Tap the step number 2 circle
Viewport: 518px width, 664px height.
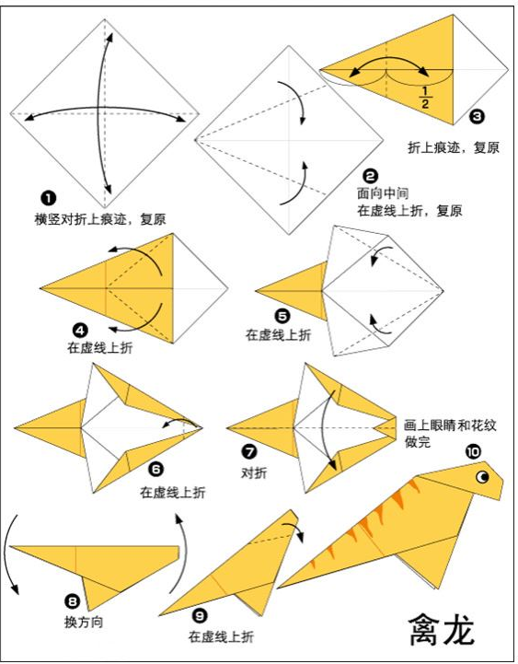point(370,175)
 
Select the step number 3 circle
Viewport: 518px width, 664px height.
point(476,116)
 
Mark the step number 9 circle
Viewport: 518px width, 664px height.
point(197,615)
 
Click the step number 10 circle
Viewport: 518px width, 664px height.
point(473,451)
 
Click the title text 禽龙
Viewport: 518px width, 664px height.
point(443,630)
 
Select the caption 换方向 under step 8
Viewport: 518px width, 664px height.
point(84,622)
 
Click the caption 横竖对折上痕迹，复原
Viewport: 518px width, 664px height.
point(100,218)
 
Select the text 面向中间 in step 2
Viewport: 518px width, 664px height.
point(383,193)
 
